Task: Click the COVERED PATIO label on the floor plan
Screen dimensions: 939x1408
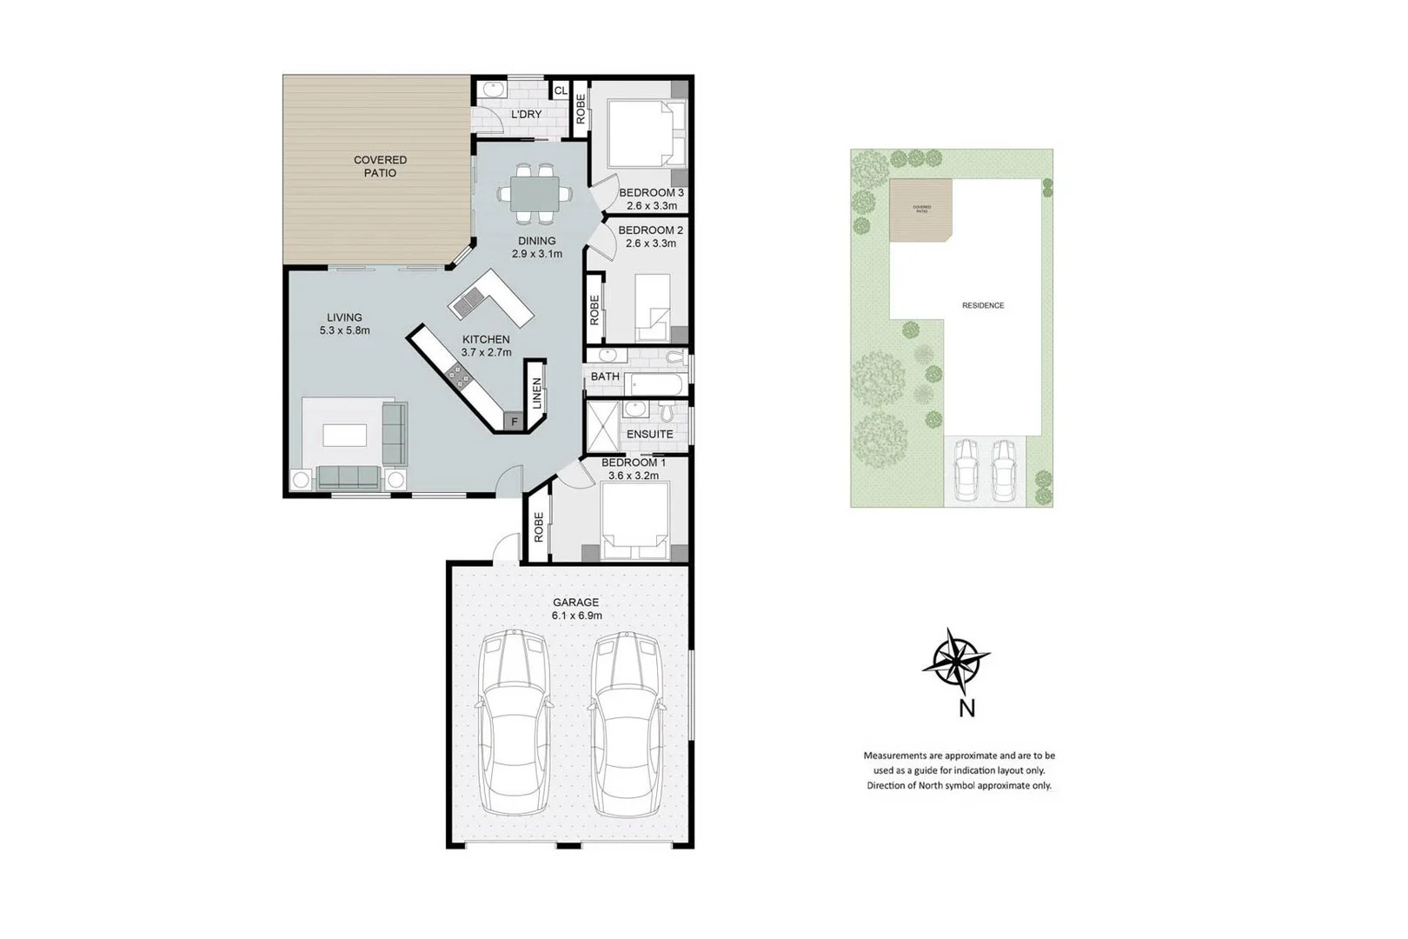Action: tap(380, 166)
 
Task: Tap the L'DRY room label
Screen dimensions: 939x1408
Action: tap(526, 115)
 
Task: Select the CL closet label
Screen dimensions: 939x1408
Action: tap(561, 90)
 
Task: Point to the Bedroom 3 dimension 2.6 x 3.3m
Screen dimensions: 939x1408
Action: tap(651, 206)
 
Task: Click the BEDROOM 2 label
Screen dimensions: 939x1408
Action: tap(650, 230)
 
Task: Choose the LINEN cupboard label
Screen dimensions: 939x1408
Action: tap(537, 393)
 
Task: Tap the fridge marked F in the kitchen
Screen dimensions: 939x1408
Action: tap(515, 422)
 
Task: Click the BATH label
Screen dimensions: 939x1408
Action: tap(605, 376)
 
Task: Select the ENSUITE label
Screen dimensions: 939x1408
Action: tap(649, 434)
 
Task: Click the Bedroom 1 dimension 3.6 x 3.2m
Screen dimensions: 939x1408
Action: tap(633, 476)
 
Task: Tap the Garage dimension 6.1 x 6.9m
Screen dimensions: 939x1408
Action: tap(576, 616)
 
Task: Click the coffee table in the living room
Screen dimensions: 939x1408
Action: tap(344, 434)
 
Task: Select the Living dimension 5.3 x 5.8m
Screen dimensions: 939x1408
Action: tap(344, 330)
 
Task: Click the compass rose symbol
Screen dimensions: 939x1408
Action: tap(956, 661)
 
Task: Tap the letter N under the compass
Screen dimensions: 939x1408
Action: tap(966, 709)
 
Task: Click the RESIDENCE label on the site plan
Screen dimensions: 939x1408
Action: tap(982, 305)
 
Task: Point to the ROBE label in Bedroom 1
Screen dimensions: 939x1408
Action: tap(539, 527)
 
